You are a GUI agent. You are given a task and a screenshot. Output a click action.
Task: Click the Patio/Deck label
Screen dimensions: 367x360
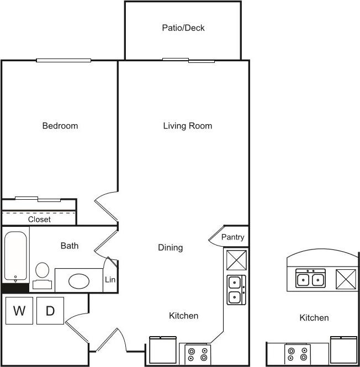point(183,28)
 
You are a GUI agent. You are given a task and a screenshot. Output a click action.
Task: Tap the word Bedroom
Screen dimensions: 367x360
point(60,126)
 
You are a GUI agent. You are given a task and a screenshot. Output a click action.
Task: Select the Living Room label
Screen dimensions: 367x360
point(187,126)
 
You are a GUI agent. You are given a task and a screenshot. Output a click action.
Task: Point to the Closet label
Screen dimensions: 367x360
point(39,219)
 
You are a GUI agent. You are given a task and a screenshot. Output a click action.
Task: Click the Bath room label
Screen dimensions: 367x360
point(69,246)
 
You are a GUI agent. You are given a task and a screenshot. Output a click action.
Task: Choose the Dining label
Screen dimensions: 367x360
point(170,248)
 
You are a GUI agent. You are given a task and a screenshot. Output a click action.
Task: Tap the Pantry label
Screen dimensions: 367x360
point(232,237)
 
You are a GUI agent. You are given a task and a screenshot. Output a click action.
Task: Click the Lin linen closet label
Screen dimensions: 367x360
point(110,280)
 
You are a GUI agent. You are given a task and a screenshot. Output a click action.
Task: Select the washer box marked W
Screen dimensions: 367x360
point(19,311)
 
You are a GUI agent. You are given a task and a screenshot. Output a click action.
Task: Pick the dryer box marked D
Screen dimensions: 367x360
point(50,311)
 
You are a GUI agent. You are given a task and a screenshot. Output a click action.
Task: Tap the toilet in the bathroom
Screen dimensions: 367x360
point(42,274)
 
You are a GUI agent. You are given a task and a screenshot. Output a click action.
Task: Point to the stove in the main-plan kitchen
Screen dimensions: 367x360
point(198,354)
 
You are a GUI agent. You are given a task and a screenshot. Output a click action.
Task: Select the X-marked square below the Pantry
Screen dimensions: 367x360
point(236,260)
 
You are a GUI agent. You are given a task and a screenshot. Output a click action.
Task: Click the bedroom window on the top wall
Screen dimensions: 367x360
point(63,61)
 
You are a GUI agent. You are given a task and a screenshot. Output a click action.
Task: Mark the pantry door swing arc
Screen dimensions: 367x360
point(214,236)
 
